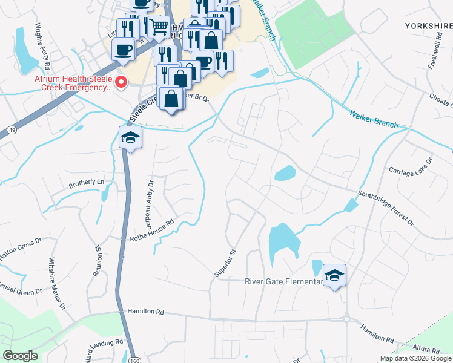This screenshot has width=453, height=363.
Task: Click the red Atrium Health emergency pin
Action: tap(121, 82)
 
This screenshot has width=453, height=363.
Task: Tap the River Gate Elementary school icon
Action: tap(334, 275)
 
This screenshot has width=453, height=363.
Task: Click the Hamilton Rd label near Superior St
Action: tap(146, 312)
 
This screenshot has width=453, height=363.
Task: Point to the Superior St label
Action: tap(224, 263)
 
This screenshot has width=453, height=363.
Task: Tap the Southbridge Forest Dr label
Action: tap(386, 209)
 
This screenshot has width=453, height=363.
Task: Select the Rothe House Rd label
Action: tap(153, 230)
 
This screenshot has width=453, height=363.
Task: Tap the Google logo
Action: tap(21, 356)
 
